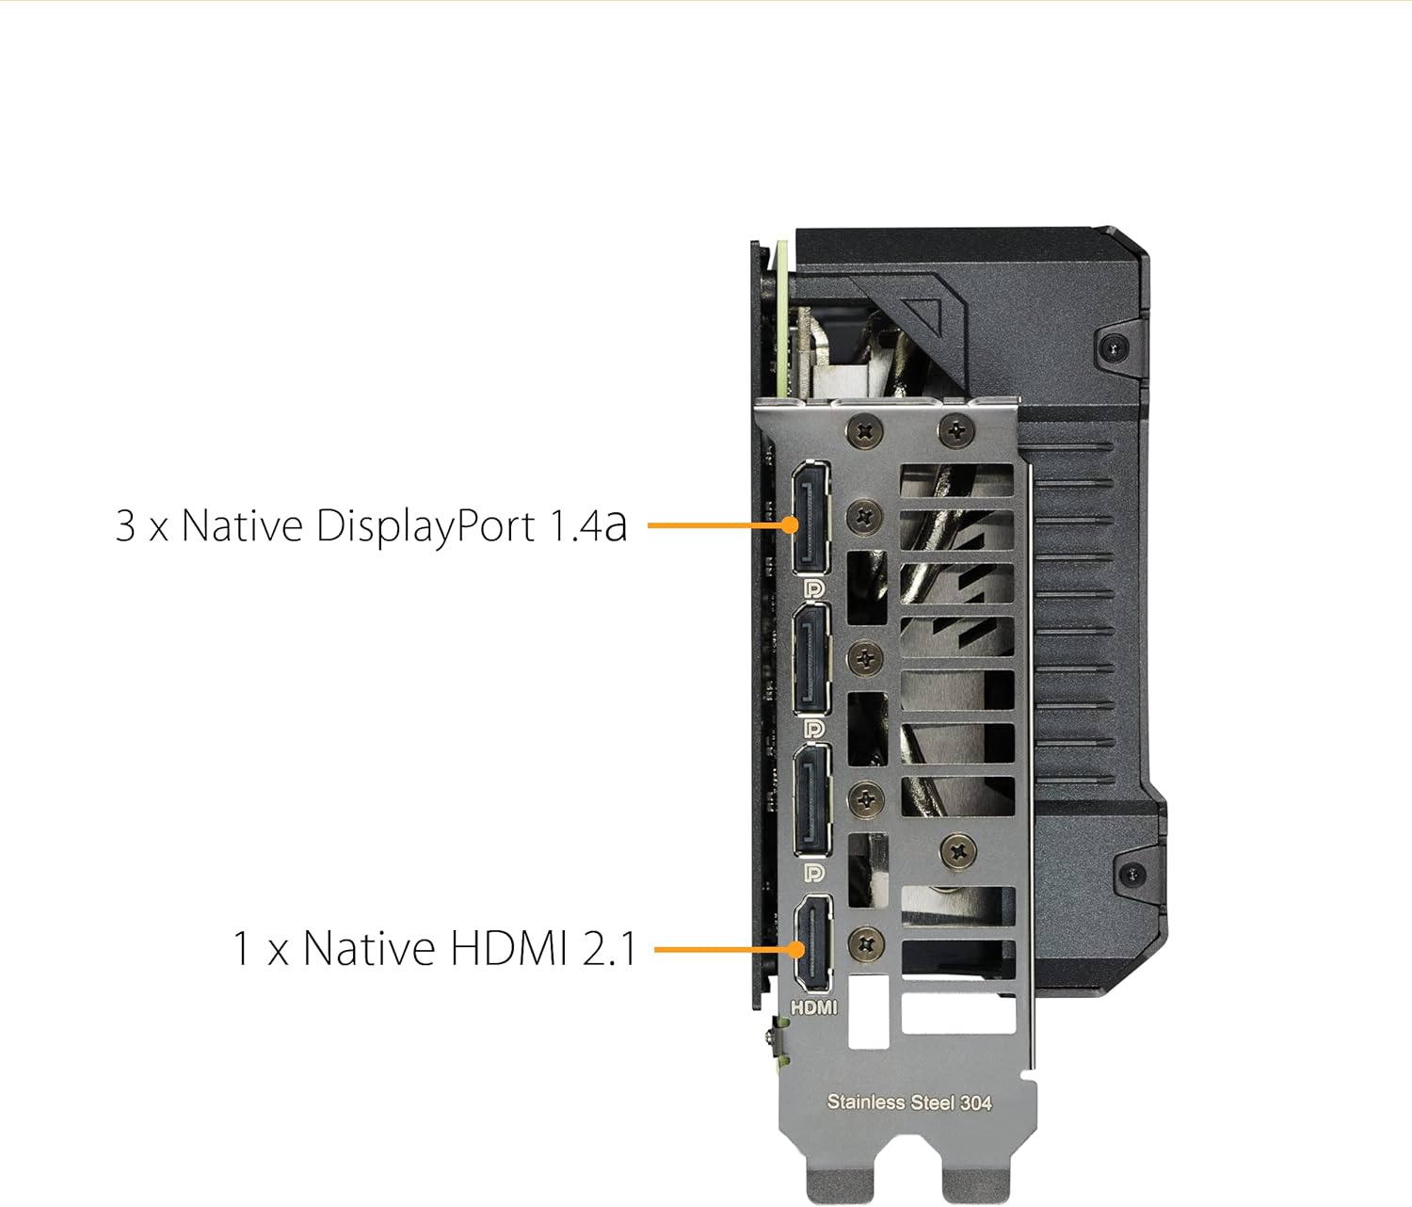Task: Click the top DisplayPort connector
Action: [810, 517]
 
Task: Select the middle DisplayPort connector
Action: [811, 658]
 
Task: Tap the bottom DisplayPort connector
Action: [812, 800]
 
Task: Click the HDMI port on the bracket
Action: [813, 942]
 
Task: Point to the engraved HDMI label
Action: [813, 1006]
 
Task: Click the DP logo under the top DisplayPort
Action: [813, 588]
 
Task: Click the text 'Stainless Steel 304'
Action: [909, 1102]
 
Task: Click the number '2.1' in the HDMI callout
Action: [609, 948]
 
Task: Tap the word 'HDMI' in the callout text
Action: [508, 948]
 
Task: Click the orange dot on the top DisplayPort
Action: [790, 524]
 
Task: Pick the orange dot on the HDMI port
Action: [795, 949]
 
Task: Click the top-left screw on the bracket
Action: [865, 431]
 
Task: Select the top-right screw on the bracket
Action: [957, 429]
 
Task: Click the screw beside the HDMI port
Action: [866, 944]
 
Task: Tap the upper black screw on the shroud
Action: [1115, 349]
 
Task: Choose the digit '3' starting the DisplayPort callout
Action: [125, 525]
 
